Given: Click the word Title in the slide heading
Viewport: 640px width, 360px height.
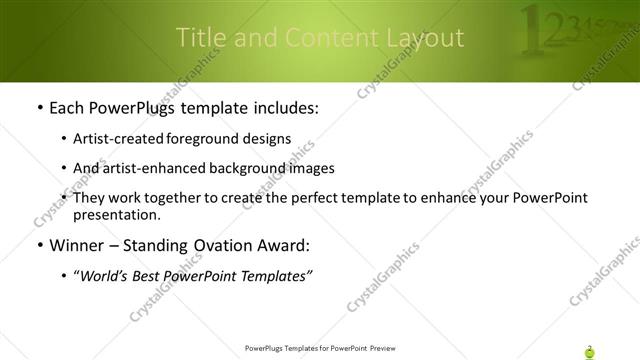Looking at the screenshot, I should pos(199,38).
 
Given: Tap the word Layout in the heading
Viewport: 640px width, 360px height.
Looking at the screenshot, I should pos(424,39).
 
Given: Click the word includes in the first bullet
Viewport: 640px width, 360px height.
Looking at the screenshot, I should pos(282,107).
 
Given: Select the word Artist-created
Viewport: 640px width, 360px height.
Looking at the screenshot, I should pos(119,139).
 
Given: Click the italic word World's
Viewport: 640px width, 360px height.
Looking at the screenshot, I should pos(108,277).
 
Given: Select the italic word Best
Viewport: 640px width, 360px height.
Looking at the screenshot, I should pos(153,277).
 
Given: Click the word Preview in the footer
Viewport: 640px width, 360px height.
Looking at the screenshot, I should pos(386,349).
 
